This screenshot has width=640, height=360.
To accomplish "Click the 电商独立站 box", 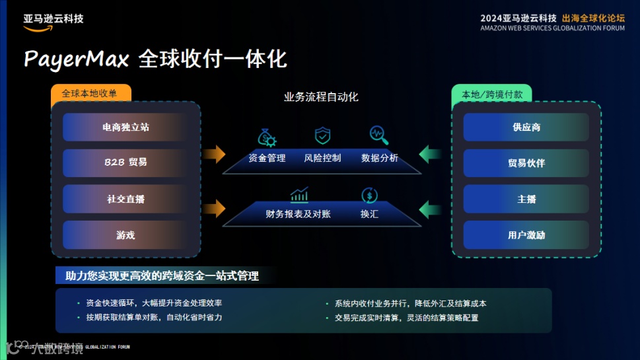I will [125, 127].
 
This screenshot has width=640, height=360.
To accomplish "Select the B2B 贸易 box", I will [125, 162].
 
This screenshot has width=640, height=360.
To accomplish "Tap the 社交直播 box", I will [125, 199].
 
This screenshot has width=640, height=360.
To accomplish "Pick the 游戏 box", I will [125, 235].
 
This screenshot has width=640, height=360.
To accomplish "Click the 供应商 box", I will [526, 127].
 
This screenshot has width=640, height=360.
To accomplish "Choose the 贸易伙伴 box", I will [526, 162].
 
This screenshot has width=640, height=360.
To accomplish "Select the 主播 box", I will [526, 199].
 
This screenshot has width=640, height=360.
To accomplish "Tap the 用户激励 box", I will [526, 235].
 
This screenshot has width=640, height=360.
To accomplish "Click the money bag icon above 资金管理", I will [267, 137].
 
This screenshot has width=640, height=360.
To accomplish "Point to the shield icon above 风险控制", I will [322, 136].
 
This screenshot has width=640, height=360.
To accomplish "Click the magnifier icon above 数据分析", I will [379, 135].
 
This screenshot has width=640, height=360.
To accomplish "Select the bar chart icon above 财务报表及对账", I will [299, 195].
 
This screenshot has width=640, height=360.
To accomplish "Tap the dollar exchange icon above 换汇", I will [369, 195].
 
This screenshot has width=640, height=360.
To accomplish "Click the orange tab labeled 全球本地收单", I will [90, 94].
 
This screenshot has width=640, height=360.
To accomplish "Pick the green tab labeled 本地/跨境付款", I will [491, 94].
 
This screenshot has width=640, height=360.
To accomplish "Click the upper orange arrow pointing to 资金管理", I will [214, 155].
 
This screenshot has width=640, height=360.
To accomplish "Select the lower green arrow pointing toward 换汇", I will [431, 211].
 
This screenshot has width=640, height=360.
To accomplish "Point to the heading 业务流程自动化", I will [321, 97].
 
